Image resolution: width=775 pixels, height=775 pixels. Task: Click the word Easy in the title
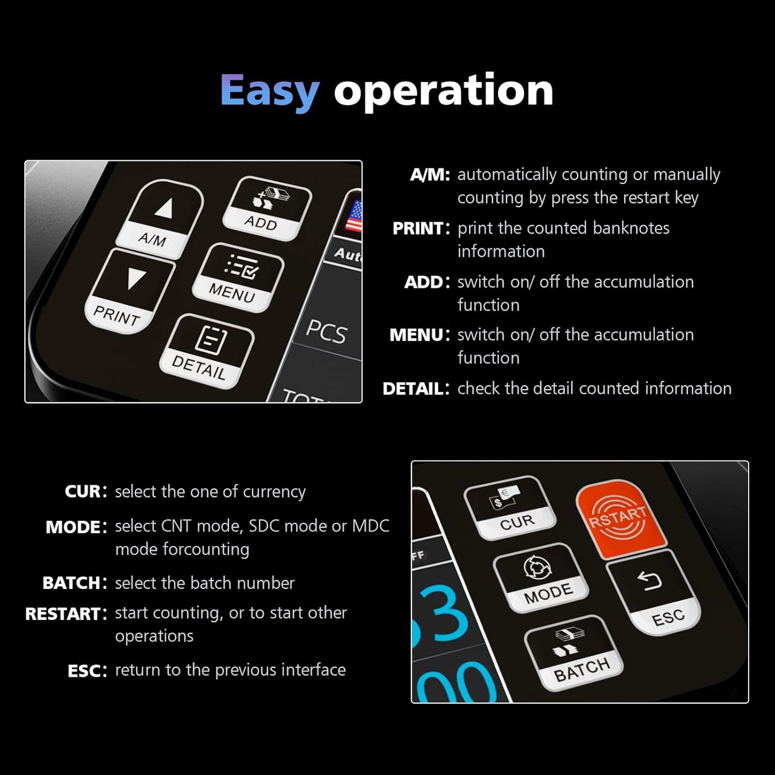click(x=270, y=91)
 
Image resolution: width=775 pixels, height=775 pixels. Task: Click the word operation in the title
click(x=443, y=91)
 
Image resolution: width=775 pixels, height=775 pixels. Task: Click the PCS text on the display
click(x=326, y=331)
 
